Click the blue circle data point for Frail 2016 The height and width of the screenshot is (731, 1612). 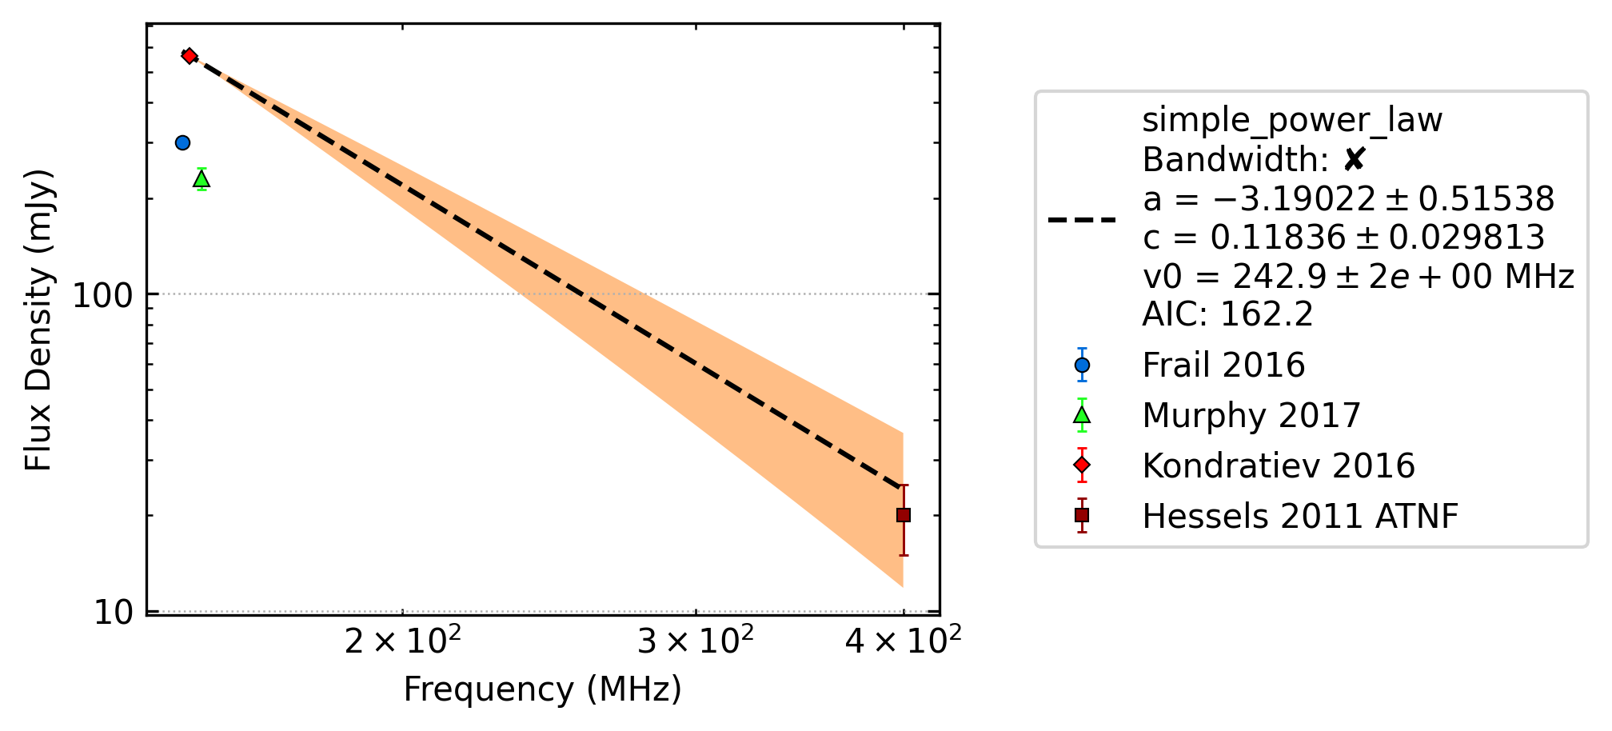coord(182,142)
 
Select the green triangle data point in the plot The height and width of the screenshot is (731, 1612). coord(201,179)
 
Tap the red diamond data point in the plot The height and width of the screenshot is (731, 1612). coord(189,56)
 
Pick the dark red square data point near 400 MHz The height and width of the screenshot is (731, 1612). coord(904,515)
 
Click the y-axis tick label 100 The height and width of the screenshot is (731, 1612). coord(101,295)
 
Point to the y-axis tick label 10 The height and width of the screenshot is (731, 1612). coord(112,613)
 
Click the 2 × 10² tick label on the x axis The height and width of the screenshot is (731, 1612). coord(402,639)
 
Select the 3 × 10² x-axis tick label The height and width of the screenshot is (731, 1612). coord(696,639)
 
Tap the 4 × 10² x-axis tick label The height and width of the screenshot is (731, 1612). coord(904,639)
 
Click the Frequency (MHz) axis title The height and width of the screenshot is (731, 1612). coord(542,689)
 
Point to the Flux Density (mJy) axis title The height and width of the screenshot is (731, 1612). coord(38,320)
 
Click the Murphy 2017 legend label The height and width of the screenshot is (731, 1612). coord(1251,415)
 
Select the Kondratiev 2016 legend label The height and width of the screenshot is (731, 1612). coord(1279,465)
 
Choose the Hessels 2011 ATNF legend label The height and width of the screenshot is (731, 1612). coord(1300,516)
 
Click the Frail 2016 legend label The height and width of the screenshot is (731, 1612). coord(1223,365)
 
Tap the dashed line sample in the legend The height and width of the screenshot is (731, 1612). coord(1082,219)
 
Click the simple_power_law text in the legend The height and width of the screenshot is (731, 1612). coord(1292,121)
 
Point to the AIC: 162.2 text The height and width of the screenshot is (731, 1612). coord(1227,314)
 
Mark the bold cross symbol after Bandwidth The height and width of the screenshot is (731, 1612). coord(1354,160)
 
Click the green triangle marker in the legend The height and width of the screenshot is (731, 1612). coord(1082,415)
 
